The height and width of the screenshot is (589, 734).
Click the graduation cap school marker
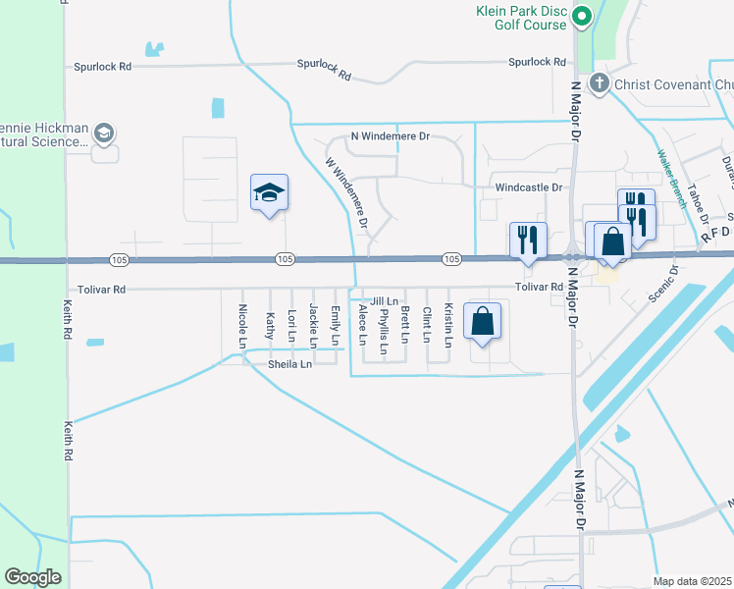coord(269,192)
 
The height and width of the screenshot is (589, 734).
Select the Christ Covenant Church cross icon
coord(600,84)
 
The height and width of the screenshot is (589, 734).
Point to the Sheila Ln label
coord(289,364)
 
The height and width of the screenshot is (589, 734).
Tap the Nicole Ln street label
coord(242,326)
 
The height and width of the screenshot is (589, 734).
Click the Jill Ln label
coord(384,301)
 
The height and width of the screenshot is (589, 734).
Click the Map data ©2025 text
coord(692,581)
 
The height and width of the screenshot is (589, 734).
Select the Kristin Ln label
coord(448,325)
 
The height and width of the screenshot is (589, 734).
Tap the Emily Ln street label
coord(336,326)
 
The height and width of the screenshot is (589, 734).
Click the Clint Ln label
coord(427,325)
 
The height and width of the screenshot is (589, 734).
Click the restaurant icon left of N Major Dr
coord(528,240)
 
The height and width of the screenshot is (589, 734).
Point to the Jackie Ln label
coord(313,326)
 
